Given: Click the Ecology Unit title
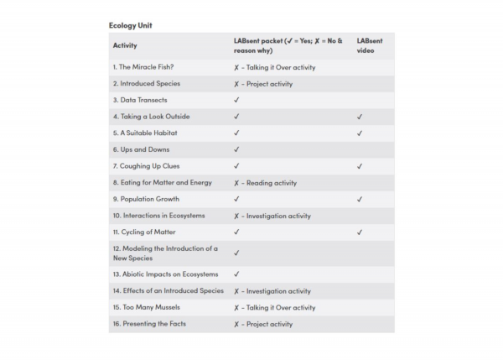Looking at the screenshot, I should [131, 25].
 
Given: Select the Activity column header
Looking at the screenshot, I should [125, 45].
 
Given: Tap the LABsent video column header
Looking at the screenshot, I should [370, 45].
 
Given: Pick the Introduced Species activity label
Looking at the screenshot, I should [147, 83].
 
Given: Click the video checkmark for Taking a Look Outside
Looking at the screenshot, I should [359, 117].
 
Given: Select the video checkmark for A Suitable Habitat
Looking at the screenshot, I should [359, 133].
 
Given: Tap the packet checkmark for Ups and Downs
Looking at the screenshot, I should [236, 149].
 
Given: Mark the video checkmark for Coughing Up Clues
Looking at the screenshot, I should [359, 166].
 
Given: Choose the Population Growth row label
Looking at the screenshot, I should [148, 200].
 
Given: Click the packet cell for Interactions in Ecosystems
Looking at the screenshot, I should [272, 216].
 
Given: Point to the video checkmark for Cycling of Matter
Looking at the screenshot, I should [359, 232].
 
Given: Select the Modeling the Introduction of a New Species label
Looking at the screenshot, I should [165, 253].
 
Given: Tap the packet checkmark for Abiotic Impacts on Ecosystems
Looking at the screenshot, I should [236, 274].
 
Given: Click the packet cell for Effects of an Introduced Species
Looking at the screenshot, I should [272, 291].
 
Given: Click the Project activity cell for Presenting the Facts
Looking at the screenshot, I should [263, 324].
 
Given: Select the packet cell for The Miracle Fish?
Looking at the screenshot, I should [274, 66].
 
